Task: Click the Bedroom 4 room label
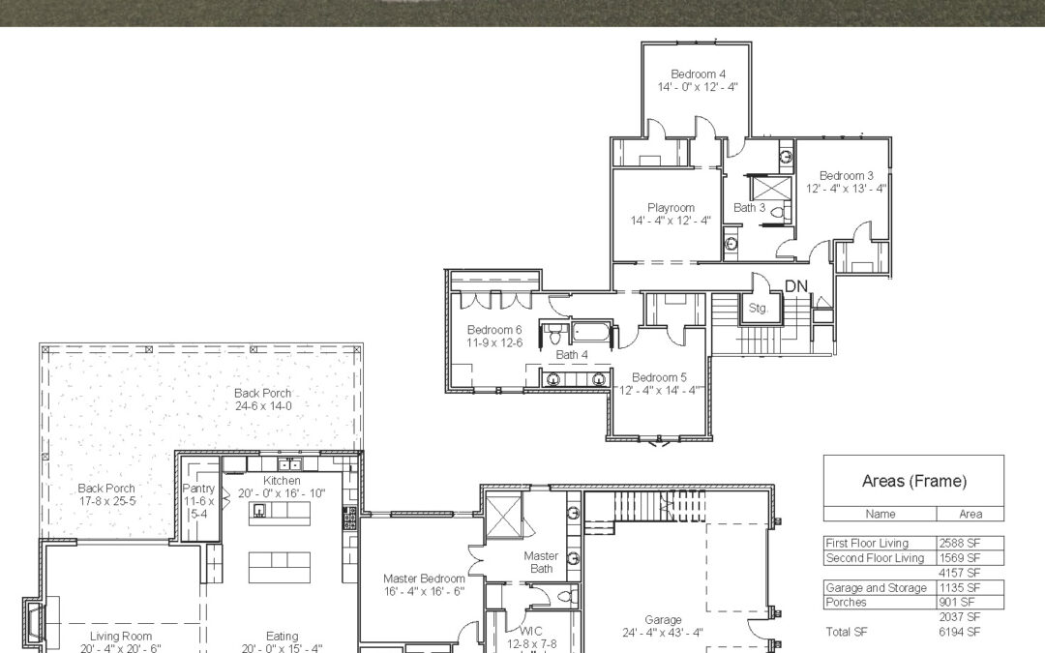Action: (x=698, y=74)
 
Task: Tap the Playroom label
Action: (x=671, y=208)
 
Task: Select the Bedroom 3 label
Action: (x=846, y=176)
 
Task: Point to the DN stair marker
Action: (x=795, y=286)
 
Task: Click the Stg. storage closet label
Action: (x=758, y=309)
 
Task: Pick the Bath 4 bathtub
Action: (x=591, y=332)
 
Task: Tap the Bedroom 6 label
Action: (x=494, y=330)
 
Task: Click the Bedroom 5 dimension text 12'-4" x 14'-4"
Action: (x=659, y=391)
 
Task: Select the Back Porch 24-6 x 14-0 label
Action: (x=262, y=400)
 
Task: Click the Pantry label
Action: (x=198, y=489)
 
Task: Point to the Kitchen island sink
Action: (x=258, y=511)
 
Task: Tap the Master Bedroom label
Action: (x=424, y=579)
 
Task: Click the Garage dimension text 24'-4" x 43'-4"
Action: (x=663, y=633)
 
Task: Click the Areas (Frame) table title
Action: (x=913, y=481)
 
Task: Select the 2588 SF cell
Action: (x=960, y=543)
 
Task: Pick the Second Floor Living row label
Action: (x=875, y=558)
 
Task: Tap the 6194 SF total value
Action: (x=960, y=632)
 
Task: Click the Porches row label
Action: (x=847, y=603)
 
